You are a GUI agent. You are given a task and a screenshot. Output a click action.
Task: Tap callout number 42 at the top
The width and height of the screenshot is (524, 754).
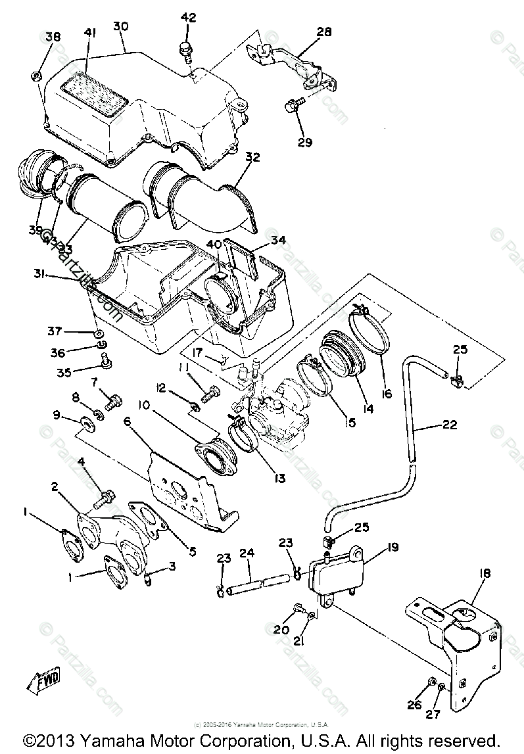[188, 18]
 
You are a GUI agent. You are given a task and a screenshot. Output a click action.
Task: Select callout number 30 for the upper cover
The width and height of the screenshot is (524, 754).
[120, 26]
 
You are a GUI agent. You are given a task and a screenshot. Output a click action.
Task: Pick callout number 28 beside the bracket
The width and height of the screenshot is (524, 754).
[324, 32]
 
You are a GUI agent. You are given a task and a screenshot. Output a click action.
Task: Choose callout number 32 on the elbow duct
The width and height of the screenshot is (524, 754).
[253, 158]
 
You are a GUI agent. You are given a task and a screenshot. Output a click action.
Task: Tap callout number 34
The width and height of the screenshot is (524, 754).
[278, 240]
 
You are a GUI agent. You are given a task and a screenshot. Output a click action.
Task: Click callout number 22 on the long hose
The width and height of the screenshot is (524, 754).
[449, 425]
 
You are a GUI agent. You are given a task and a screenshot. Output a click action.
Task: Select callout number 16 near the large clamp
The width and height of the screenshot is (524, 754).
[385, 394]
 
